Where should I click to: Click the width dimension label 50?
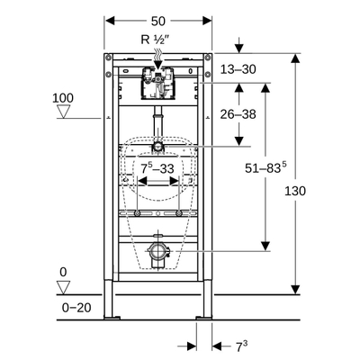(158, 19)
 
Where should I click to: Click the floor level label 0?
(63, 272)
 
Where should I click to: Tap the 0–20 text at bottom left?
(76, 307)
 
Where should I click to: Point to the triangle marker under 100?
(63, 112)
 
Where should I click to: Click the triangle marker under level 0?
(63, 286)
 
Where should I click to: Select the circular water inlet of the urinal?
(158, 146)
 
